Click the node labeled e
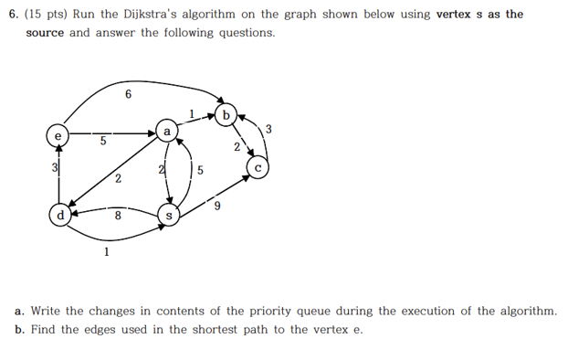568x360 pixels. (58, 136)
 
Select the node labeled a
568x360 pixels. (166, 131)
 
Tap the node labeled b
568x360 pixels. (227, 116)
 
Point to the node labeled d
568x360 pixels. (60, 216)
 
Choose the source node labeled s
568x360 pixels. (168, 216)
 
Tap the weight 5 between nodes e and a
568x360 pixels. (103, 142)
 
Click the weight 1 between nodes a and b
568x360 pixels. (192, 113)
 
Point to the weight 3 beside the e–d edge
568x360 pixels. (53, 168)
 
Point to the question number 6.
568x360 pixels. (11, 15)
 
